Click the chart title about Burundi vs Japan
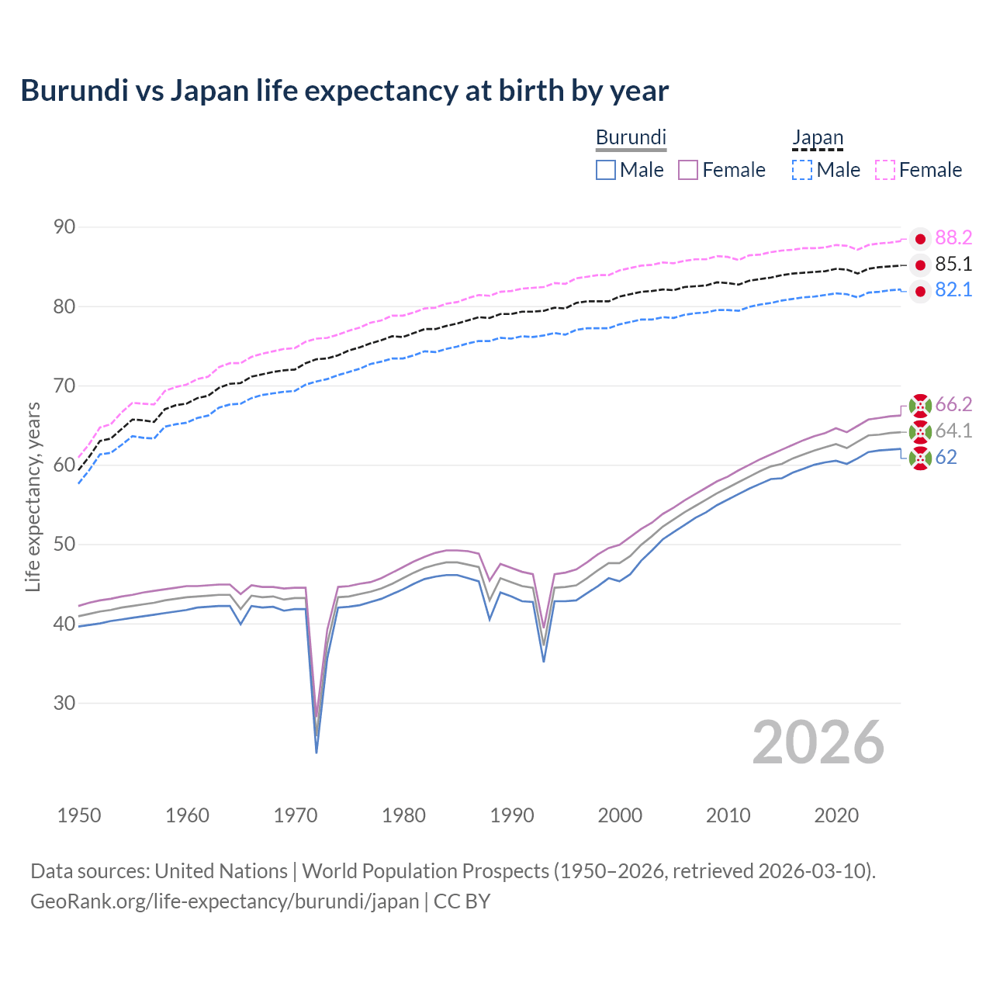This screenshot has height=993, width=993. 344,91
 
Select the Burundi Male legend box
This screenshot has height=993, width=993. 606,170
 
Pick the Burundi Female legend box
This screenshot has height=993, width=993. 688,170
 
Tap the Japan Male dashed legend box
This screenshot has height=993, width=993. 802,170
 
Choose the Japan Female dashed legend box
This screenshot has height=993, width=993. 885,170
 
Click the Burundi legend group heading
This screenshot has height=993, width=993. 631,137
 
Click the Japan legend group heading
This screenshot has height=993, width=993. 817,137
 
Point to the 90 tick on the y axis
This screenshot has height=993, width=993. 64,227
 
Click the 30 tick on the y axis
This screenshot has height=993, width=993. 64,703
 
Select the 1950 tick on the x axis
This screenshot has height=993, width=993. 79,815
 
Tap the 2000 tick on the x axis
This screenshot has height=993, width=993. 620,815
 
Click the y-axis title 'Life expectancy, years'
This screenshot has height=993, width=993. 33,496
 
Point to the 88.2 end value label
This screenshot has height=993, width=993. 953,237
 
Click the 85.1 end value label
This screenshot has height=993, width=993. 953,265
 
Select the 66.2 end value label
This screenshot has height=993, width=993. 953,404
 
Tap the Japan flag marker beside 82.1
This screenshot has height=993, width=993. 920,292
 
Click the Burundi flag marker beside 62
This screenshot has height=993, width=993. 920,458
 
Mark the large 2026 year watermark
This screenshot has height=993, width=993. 818,742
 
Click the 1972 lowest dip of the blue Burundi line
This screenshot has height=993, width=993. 317,752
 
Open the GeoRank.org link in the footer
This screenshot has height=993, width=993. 224,901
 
